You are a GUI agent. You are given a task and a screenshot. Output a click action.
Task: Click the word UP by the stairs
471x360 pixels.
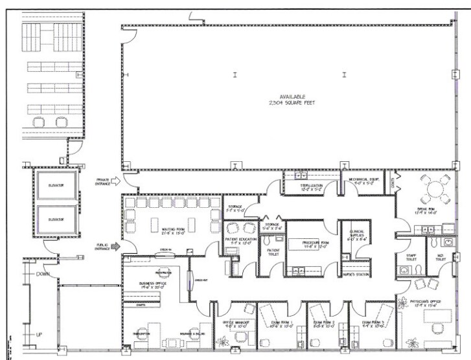[39, 334]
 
